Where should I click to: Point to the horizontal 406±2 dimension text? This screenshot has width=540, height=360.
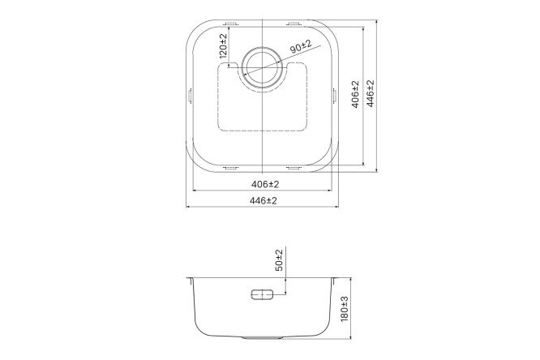pos(263,184)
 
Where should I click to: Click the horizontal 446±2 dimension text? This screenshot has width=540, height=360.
pos(263,200)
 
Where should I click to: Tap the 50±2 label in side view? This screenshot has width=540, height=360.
pos(278,261)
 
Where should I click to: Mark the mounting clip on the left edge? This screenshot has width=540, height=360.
pos(191,95)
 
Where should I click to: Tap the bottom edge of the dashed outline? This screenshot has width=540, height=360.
pos(264,131)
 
